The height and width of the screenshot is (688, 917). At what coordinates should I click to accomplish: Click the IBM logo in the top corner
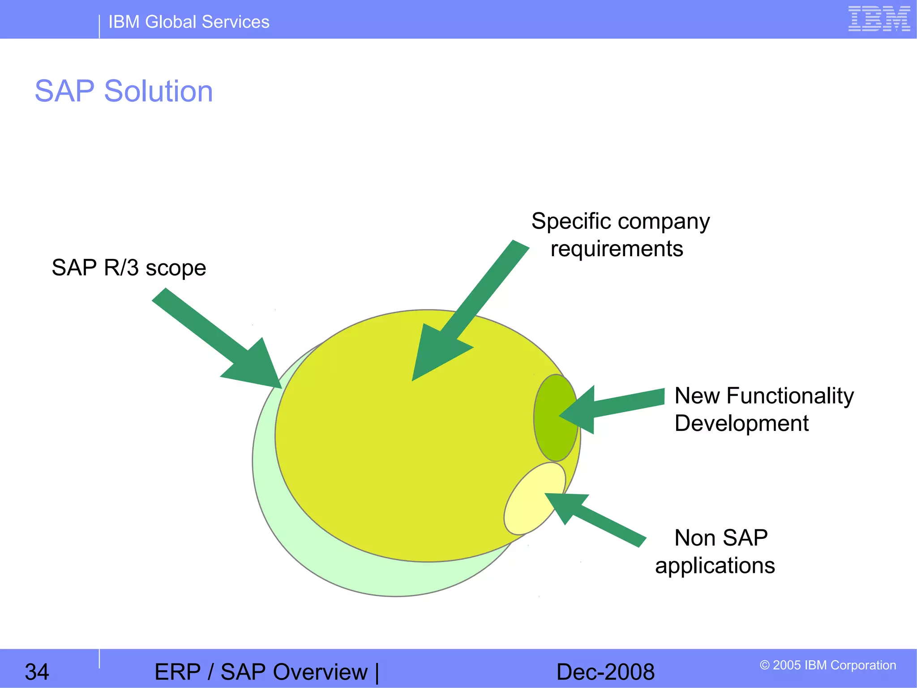point(879,19)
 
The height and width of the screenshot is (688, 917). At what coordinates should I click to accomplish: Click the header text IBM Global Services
point(189,22)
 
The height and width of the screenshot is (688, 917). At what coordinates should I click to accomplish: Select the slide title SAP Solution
point(124,91)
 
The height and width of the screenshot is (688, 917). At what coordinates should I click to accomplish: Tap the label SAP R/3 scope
point(129,267)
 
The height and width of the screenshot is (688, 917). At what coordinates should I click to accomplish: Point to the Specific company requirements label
point(620,234)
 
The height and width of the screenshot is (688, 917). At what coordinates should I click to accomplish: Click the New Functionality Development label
point(763,409)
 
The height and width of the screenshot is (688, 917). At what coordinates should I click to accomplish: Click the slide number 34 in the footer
point(37,672)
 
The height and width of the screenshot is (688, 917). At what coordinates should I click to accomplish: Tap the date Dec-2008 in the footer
point(605,672)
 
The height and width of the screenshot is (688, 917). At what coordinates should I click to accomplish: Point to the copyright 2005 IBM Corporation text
point(827,665)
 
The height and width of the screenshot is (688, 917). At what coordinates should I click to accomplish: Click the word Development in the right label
point(741,423)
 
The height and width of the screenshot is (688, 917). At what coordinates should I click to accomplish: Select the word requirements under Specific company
point(617,249)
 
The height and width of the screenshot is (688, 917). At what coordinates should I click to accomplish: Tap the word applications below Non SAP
point(715,565)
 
